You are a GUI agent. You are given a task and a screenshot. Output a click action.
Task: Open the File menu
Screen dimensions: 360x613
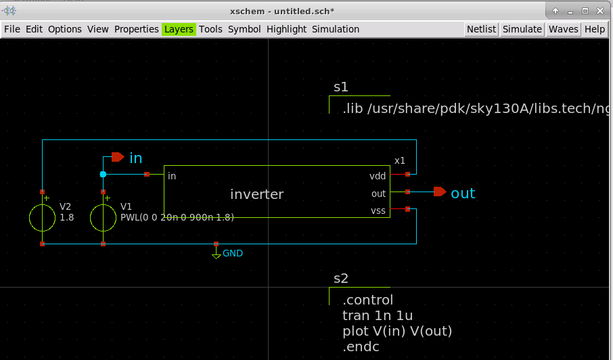(x=12, y=29)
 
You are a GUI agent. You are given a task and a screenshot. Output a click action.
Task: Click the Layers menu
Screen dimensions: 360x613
(x=179, y=29)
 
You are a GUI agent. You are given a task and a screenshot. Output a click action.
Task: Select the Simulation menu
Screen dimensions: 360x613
(x=335, y=29)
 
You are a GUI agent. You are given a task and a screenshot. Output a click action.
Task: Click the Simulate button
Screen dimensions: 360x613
(x=522, y=29)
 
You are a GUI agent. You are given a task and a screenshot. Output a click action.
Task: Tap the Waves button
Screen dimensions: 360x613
(x=563, y=29)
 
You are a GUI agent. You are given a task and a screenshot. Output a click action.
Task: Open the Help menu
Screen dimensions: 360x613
(x=595, y=29)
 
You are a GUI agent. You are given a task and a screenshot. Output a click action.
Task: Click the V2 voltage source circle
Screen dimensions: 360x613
(x=42, y=218)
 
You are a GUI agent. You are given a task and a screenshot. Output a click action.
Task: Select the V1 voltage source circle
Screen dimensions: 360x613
(x=103, y=218)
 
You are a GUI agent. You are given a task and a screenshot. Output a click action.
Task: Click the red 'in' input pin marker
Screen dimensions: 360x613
(x=117, y=157)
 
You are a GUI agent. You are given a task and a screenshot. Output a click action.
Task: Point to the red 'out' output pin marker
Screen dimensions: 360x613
(x=440, y=192)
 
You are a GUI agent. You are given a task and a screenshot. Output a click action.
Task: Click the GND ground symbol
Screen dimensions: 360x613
(x=217, y=254)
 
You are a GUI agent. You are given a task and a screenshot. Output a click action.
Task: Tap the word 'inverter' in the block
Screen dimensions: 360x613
(x=256, y=195)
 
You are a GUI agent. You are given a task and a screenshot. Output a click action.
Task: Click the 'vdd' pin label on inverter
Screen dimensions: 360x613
(x=378, y=176)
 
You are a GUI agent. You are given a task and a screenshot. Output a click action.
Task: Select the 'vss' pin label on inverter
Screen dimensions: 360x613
(x=378, y=210)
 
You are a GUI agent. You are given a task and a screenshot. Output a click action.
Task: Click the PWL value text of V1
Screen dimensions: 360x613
(x=177, y=217)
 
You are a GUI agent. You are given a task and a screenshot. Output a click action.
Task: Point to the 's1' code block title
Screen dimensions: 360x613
(x=341, y=87)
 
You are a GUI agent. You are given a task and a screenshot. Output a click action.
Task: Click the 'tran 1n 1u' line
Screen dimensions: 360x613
(x=378, y=315)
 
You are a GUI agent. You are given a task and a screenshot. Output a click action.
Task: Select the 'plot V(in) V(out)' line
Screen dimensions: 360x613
(x=397, y=331)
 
